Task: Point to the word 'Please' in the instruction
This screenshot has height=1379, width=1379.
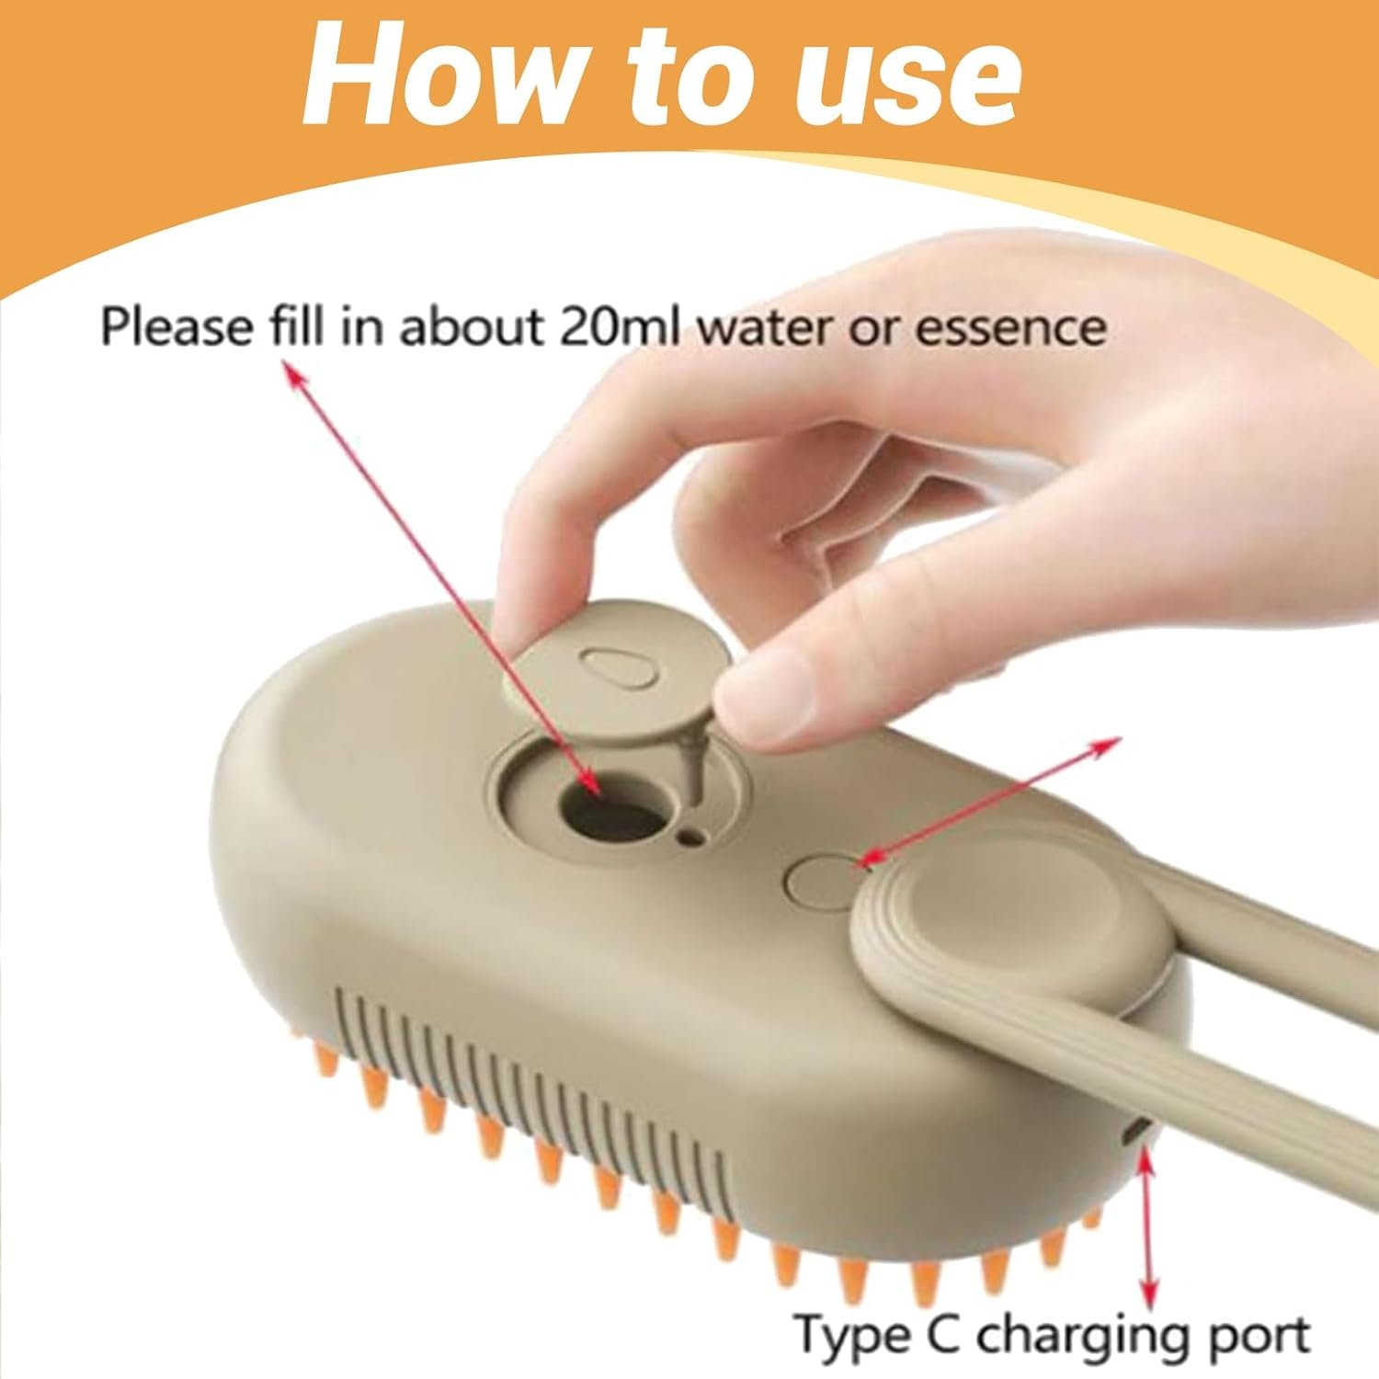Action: pos(176,326)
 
